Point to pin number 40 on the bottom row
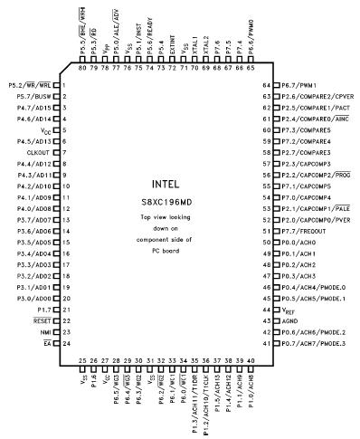pos(251,360)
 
